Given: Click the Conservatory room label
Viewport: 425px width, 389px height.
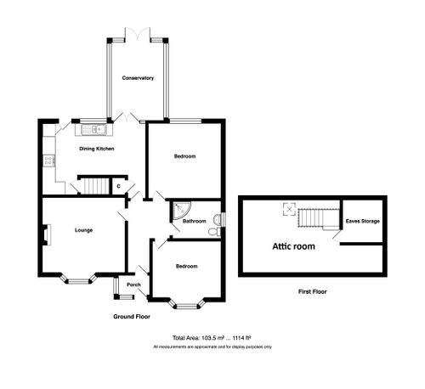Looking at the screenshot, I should tap(137, 78).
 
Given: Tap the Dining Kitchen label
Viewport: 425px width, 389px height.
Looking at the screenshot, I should tap(97, 149).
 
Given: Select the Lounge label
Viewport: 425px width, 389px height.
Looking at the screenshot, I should tap(82, 230).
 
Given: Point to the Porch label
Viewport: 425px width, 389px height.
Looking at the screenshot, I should tap(133, 285).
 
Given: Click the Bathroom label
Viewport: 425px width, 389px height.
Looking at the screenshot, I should tap(195, 222).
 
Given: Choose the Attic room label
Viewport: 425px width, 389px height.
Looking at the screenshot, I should tap(293, 246).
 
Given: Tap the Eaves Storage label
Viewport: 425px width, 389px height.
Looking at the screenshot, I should tap(362, 222).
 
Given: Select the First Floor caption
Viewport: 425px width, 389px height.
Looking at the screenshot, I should tap(312, 291).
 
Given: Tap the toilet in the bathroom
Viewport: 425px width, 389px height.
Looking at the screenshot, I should tap(219, 222).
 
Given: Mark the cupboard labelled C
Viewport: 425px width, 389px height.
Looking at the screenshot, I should tap(119, 185).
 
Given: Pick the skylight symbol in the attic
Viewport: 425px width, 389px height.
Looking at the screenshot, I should tap(288, 209).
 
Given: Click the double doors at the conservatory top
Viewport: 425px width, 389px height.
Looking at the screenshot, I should tap(137, 33).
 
